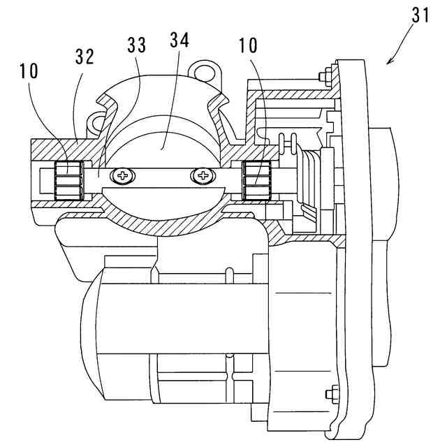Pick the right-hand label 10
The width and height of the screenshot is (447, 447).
(x=247, y=47)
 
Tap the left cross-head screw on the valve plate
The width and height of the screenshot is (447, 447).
(x=126, y=175)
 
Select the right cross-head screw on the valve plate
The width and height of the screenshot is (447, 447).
(x=203, y=175)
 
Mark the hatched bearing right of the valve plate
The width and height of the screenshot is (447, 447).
(x=256, y=180)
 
